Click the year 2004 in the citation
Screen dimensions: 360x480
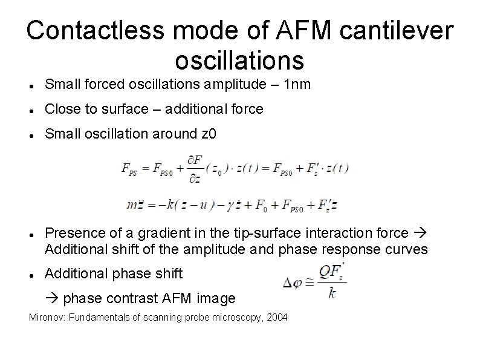click(x=276, y=318)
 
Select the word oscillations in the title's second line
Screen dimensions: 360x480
click(x=239, y=60)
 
